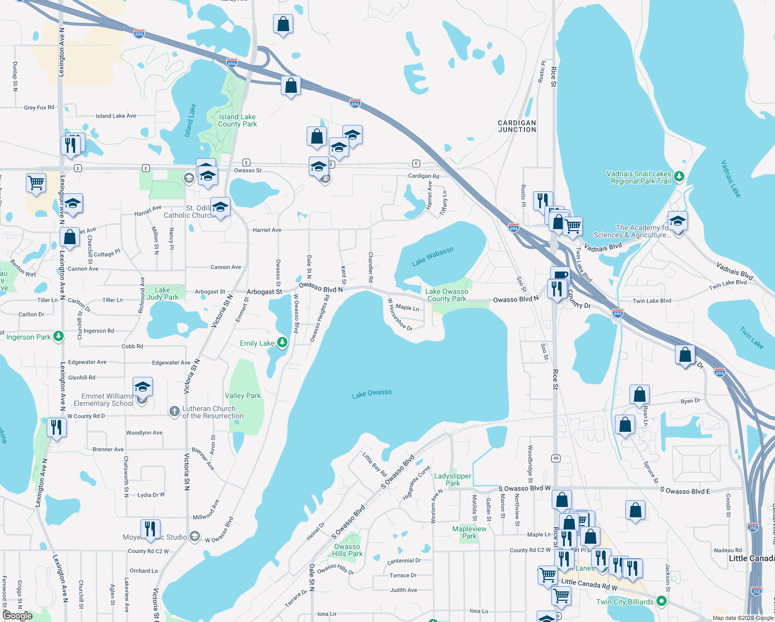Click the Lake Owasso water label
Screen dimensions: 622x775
372,394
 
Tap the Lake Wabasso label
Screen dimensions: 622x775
432,257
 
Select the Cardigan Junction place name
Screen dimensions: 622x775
516,126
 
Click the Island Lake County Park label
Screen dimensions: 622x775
237,120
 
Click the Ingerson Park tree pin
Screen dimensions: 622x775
59,336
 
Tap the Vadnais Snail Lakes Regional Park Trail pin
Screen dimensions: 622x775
679,177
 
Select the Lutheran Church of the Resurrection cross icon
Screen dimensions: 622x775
174,412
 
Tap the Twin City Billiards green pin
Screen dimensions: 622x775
661,601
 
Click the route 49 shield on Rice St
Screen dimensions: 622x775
556,458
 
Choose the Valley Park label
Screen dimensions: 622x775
242,395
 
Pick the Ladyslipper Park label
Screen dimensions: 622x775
453,479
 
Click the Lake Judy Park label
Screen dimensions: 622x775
162,293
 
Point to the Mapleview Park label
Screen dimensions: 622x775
469,532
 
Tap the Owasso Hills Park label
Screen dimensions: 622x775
347,550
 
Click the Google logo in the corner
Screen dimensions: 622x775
18,615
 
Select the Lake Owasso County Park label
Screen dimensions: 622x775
447,295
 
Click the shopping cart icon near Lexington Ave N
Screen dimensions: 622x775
36,182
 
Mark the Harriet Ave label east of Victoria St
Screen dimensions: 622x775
267,230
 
